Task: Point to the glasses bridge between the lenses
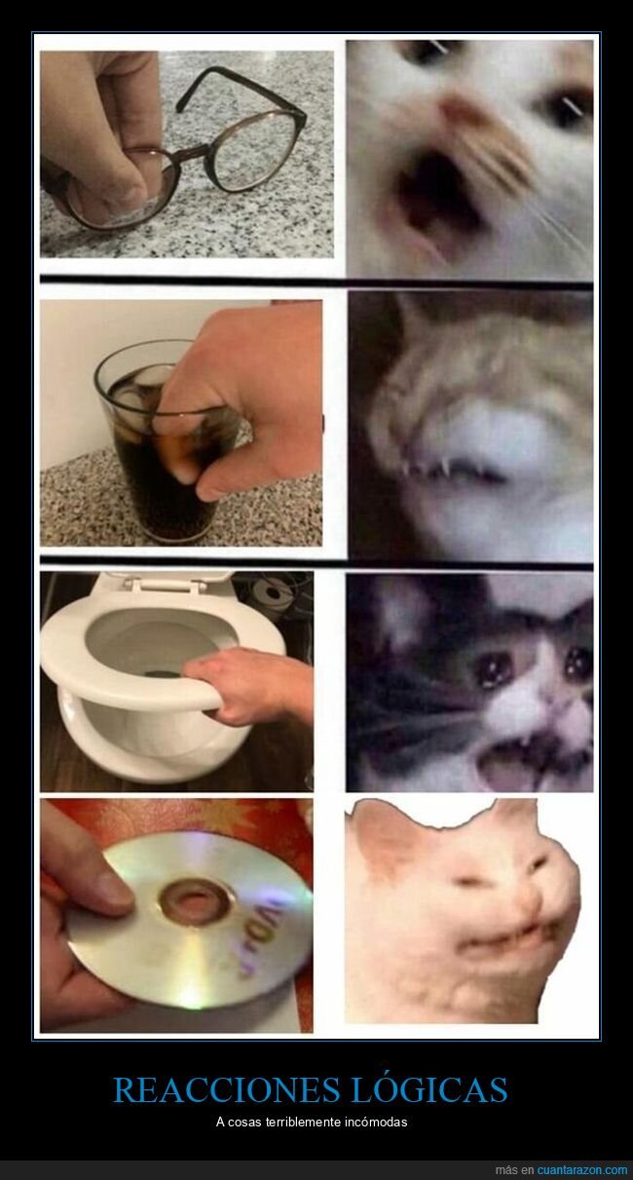[x=199, y=151]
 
